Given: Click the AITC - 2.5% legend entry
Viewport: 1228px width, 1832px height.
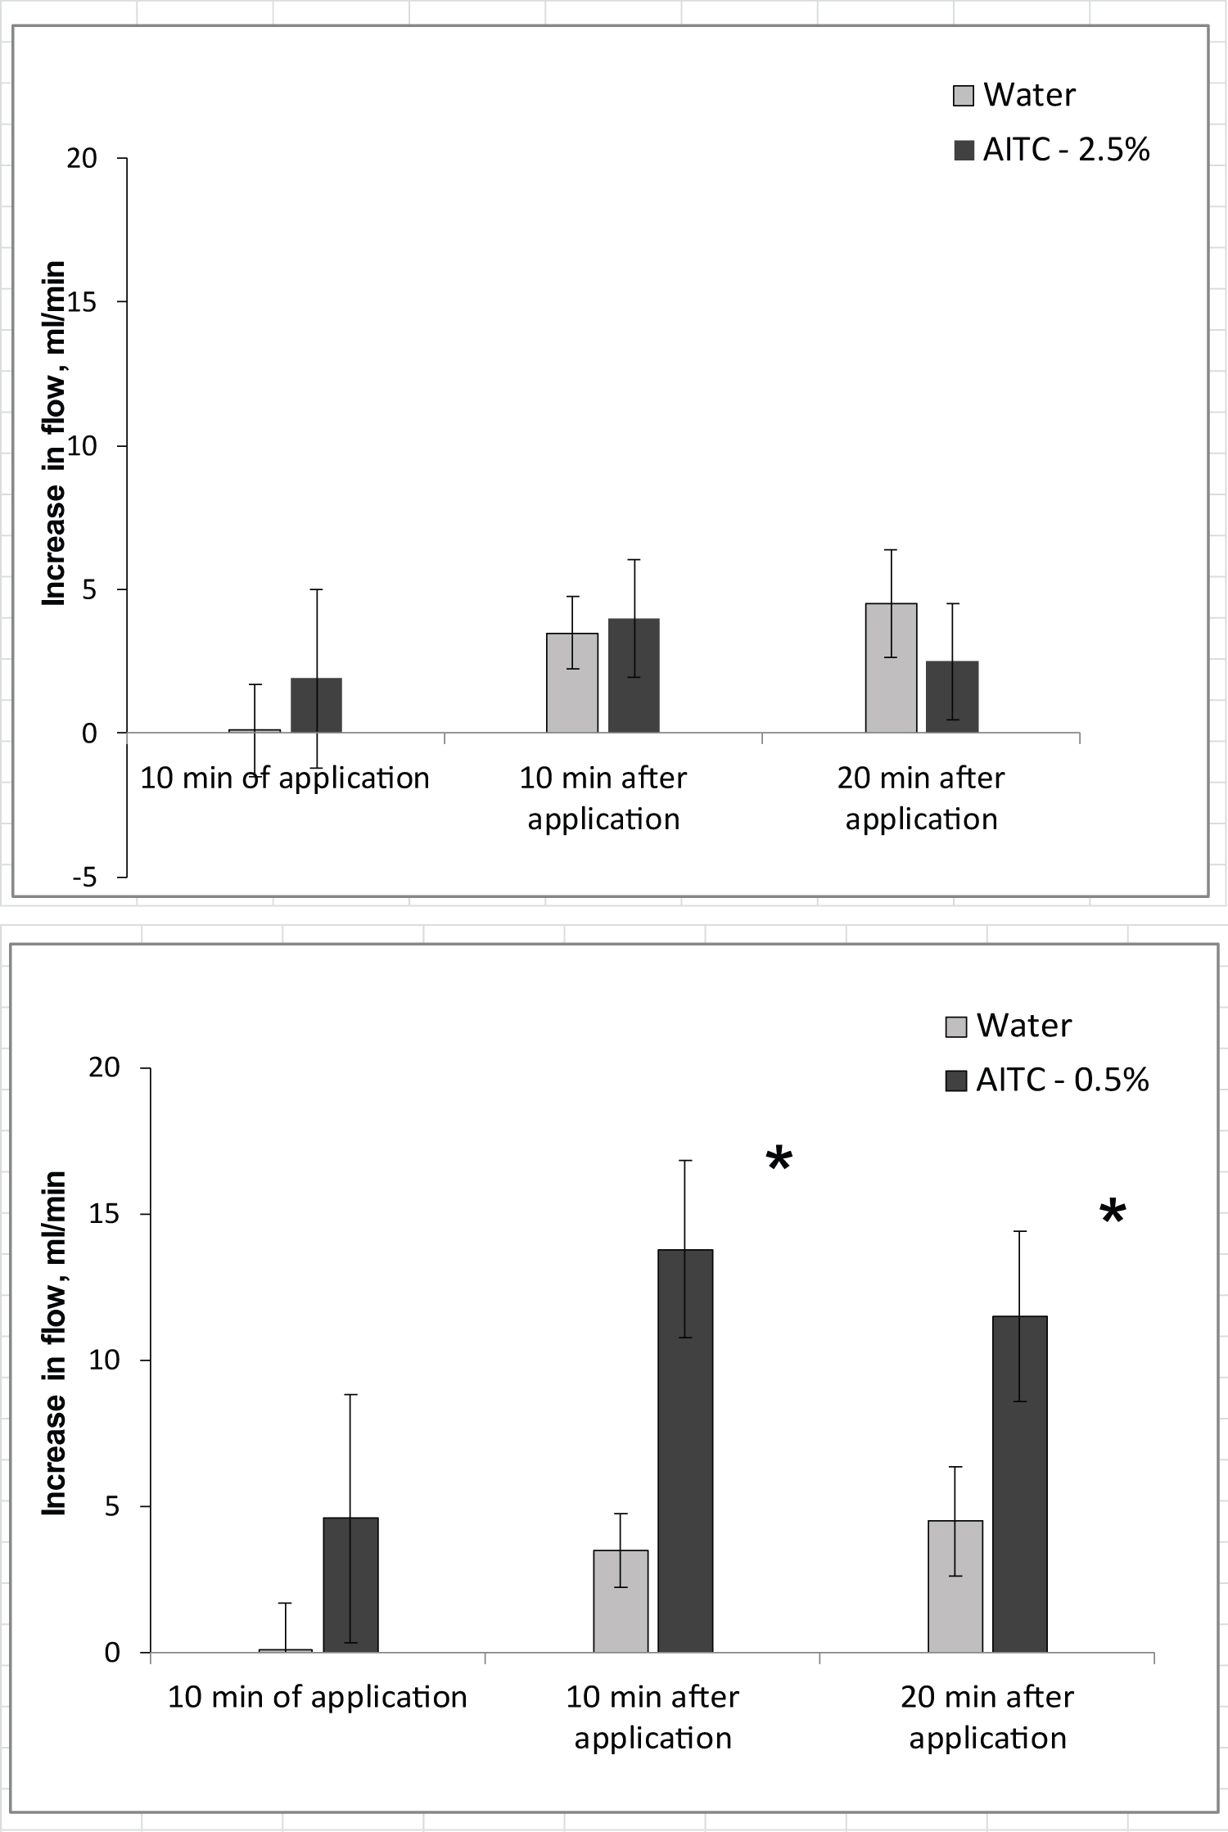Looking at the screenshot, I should click(x=1052, y=151).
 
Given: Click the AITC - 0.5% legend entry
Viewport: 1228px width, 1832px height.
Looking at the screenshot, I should click(x=1048, y=1081).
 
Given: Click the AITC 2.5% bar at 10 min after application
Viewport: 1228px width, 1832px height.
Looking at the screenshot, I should click(x=634, y=676).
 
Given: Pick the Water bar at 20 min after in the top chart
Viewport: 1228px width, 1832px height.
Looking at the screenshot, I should click(x=892, y=668).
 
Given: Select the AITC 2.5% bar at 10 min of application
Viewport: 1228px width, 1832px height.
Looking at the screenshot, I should click(x=316, y=706).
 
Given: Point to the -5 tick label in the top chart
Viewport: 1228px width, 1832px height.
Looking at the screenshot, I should click(x=84, y=878).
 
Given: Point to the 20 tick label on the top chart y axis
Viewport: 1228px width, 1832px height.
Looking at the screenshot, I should click(x=82, y=158).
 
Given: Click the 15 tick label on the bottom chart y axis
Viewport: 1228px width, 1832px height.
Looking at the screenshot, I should click(x=104, y=1215).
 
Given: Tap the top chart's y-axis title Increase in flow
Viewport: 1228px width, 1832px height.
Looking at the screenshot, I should click(x=54, y=434).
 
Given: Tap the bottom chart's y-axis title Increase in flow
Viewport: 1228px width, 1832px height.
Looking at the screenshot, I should click(x=54, y=1343).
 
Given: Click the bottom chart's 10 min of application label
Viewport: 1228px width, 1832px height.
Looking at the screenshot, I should click(x=318, y=1697).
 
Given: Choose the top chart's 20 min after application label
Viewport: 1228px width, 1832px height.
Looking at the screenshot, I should click(x=921, y=798).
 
